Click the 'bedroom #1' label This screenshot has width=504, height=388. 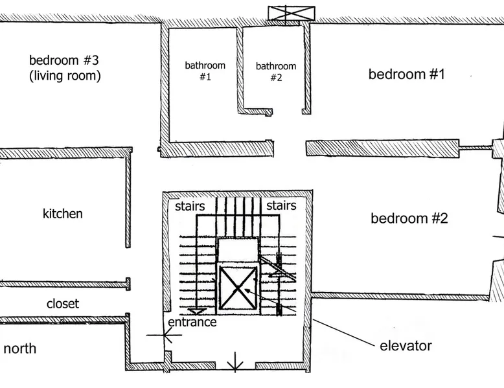point(407,74)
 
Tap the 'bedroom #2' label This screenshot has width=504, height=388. point(409,218)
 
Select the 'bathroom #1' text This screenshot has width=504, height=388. point(205,71)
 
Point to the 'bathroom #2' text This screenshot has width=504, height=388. point(276,72)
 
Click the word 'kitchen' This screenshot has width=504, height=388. point(63,214)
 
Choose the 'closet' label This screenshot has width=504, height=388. point(63,304)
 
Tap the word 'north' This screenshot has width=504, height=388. point(20,348)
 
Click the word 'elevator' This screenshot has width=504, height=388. point(406,346)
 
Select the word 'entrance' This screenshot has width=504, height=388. point(192,322)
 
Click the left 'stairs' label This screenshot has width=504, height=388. point(190,206)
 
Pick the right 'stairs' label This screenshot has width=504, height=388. point(281,205)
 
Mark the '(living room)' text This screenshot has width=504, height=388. point(65,76)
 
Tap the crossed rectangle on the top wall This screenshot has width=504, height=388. point(292,14)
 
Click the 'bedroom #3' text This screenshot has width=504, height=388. point(64,60)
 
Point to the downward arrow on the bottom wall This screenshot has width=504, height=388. point(235,362)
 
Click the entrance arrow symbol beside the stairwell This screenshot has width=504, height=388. point(165,335)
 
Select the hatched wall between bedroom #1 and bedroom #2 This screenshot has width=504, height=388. point(382,148)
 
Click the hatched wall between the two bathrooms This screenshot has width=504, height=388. point(240,70)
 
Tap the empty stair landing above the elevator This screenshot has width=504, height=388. point(238,250)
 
